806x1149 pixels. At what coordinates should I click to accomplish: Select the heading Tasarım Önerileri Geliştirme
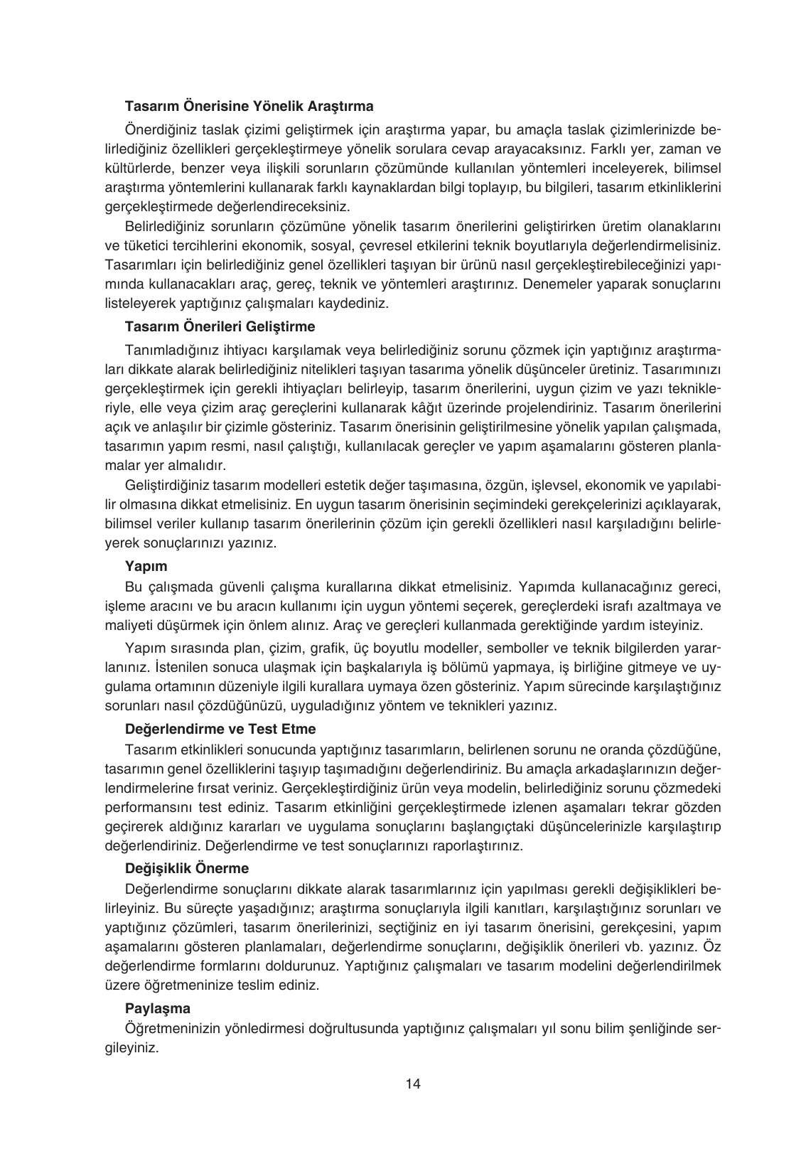coord(220,327)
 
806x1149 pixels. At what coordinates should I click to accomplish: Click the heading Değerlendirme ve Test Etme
coord(220,729)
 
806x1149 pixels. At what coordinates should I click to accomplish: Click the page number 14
coord(414,1084)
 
